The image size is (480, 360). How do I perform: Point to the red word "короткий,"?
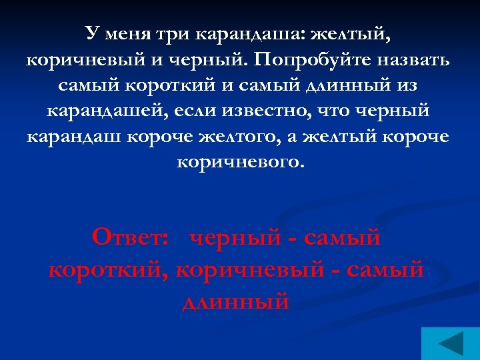click(x=109, y=270)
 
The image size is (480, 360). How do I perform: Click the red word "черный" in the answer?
click(x=236, y=237)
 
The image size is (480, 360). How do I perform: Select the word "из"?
click(x=404, y=85)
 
